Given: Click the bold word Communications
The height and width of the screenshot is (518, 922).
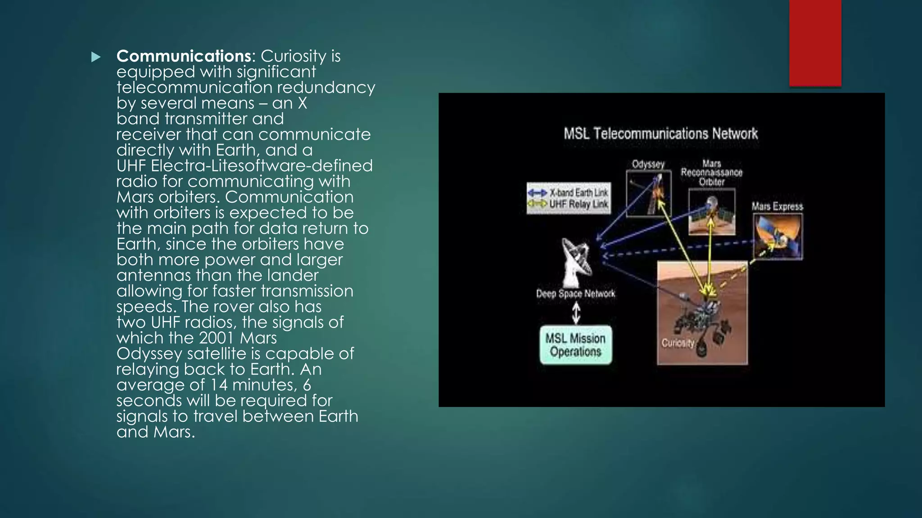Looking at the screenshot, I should [x=184, y=56].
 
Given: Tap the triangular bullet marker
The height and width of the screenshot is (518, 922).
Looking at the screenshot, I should [x=95, y=57].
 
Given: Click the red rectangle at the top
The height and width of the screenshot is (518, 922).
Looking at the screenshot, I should [x=815, y=43].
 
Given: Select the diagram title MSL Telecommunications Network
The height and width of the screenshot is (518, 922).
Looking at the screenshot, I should [x=660, y=134].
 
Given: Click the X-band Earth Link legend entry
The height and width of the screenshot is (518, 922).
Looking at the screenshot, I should [x=569, y=192].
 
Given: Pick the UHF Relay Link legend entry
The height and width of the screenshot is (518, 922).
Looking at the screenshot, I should [x=569, y=204].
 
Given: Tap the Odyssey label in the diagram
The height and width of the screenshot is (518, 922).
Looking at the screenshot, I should [x=648, y=164].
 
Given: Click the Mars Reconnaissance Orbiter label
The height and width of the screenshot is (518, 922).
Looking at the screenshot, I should [x=711, y=173].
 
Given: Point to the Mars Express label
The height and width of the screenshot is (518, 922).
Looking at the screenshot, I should [x=777, y=206].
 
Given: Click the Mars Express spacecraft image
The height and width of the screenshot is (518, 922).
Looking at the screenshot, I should [x=777, y=237].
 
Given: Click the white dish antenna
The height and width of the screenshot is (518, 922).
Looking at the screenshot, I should [x=576, y=263].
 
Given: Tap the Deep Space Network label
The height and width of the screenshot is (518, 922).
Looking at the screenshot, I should [x=575, y=294].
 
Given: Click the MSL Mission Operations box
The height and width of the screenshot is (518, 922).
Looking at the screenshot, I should [x=576, y=345].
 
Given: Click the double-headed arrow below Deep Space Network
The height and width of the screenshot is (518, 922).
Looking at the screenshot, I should [x=576, y=313].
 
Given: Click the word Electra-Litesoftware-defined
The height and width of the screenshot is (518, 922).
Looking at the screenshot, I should [x=262, y=165].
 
